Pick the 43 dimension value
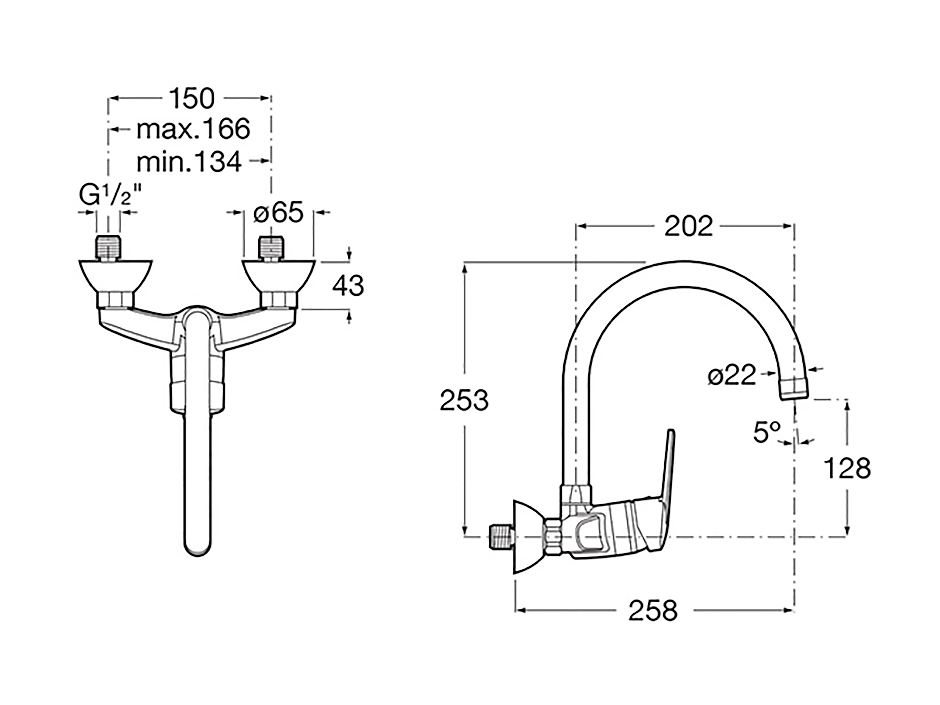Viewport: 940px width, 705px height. point(348,286)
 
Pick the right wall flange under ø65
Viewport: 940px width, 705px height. point(278,276)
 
